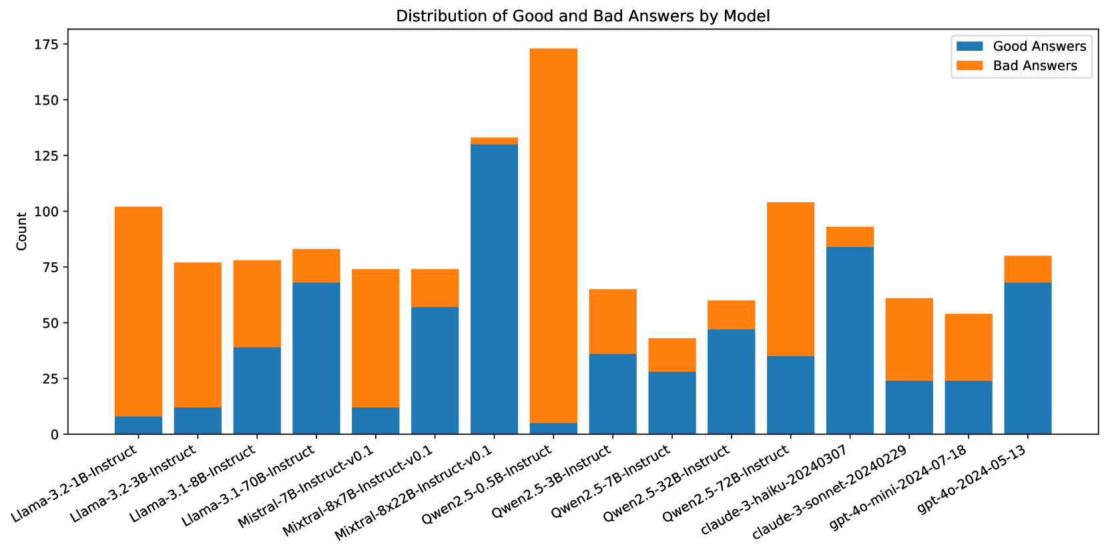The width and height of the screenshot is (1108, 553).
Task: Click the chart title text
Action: [583, 16]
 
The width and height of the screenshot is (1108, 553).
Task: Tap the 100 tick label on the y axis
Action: [50, 211]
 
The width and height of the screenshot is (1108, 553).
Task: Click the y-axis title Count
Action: [22, 231]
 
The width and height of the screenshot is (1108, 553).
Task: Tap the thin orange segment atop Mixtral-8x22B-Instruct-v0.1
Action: [494, 141]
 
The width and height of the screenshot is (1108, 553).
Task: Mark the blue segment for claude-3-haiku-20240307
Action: [850, 340]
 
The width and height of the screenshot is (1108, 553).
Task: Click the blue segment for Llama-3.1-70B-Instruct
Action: [316, 358]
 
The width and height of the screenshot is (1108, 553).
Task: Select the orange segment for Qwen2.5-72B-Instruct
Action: [790, 279]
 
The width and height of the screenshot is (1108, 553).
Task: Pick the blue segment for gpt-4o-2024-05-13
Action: [1028, 358]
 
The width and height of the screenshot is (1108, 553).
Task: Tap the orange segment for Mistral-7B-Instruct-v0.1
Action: [375, 338]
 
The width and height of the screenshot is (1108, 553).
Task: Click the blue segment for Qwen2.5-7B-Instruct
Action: [672, 403]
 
